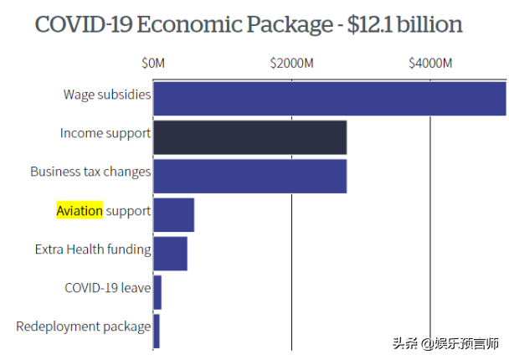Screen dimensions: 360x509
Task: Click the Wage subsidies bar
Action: click(330, 98)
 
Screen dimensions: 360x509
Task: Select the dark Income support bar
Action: click(249, 137)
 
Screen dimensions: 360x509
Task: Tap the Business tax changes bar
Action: click(249, 176)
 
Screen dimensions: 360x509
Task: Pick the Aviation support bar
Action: click(174, 215)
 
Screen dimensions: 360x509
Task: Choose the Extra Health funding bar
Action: click(171, 254)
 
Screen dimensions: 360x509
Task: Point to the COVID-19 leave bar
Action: click(157, 292)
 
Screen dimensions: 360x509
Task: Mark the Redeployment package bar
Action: click(157, 331)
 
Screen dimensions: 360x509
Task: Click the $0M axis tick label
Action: click(153, 64)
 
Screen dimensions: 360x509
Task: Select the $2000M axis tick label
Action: click(291, 64)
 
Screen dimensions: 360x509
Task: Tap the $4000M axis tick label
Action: click(430, 64)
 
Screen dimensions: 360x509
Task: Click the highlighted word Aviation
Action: click(80, 210)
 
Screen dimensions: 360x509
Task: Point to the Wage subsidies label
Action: click(107, 95)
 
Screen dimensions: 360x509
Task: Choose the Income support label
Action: click(105, 133)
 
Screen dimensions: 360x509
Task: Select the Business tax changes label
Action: click(90, 172)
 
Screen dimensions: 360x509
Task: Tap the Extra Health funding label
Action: click(93, 249)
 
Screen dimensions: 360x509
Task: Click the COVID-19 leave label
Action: click(108, 288)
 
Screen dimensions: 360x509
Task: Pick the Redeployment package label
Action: click(84, 327)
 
